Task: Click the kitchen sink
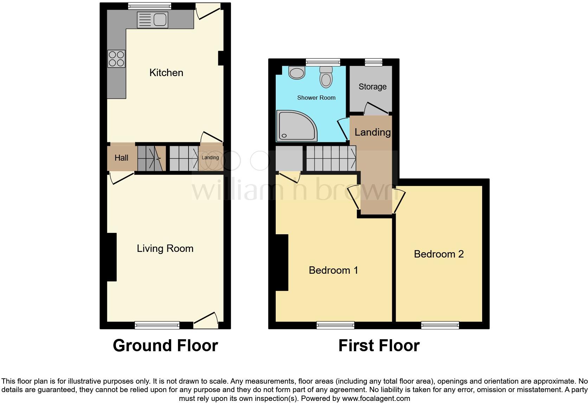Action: pos(152,19)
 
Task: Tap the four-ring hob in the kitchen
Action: pos(116,59)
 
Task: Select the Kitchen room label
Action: pos(166,73)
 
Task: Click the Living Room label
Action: pos(165,248)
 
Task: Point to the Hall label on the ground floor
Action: pos(121,158)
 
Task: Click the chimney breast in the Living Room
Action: pos(111,257)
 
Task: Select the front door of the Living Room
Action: pos(206,319)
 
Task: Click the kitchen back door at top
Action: pos(208,11)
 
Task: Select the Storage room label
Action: pos(372,87)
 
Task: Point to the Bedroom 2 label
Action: pos(439,254)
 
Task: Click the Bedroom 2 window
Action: pos(440,325)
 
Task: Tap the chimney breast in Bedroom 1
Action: pos(282,262)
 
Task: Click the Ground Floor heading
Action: pos(165,346)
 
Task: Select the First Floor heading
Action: pos(379,346)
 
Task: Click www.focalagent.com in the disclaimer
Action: pos(376,398)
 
